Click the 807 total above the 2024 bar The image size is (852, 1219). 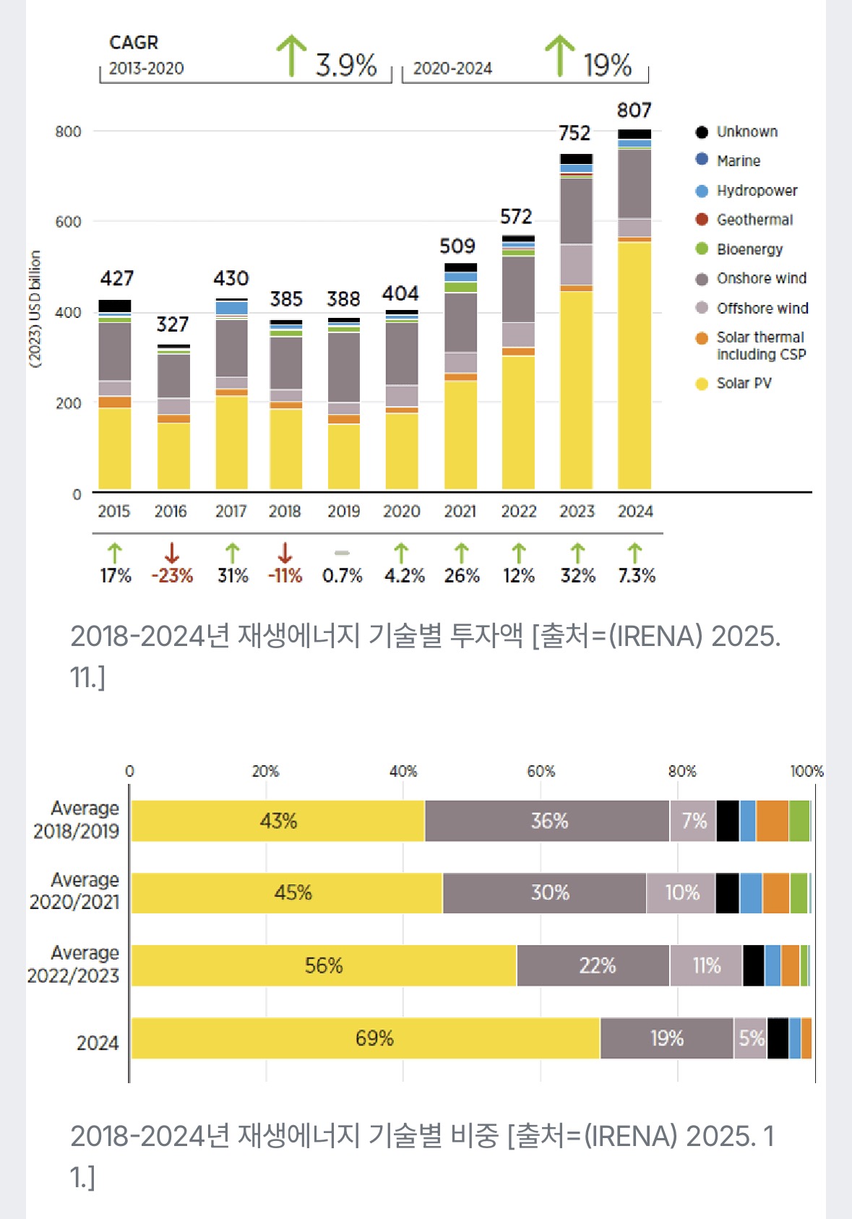pos(634,111)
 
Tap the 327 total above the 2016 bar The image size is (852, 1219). pos(173,324)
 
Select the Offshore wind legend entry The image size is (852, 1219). pos(762,309)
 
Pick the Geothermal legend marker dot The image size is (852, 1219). pos(701,220)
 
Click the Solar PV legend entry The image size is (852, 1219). pos(744,384)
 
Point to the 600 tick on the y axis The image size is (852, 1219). pos(69,222)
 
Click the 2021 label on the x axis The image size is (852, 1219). pos(460,512)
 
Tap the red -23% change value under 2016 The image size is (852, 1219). pos(172,576)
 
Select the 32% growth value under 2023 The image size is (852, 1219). pos(577,576)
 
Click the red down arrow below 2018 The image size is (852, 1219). pos(285,553)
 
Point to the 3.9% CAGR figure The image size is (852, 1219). pos(346,65)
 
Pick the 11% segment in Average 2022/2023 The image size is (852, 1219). pos(706,965)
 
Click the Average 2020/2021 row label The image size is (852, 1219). pos(74,891)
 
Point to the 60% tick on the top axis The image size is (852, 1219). pos(541,772)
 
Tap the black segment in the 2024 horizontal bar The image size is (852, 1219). pos(778,1038)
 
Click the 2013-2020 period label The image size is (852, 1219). pos(147,69)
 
